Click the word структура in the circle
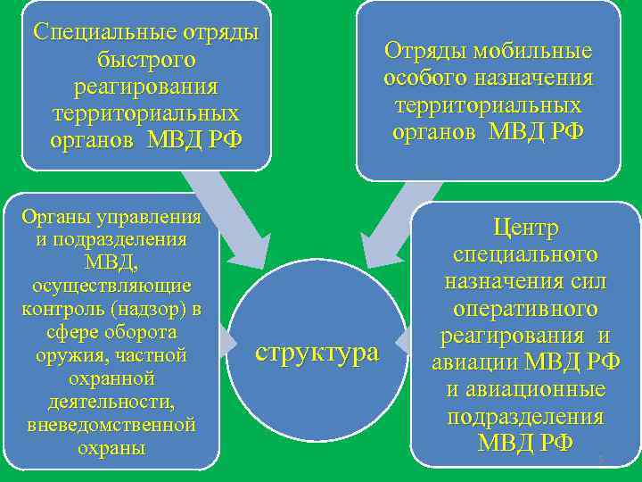317,353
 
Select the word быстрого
146,61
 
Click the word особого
421,78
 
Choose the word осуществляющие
111,286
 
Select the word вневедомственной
111,425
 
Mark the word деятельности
111,402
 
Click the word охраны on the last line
111,448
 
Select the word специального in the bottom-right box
525,254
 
